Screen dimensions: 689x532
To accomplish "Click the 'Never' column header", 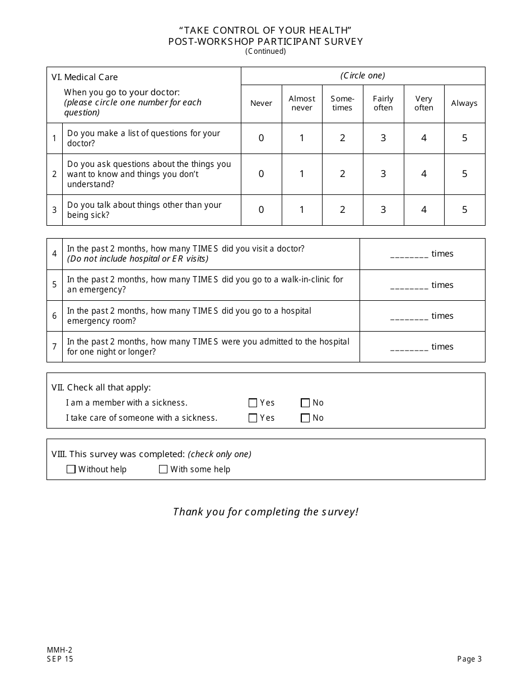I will [261, 103].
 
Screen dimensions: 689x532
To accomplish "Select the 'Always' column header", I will [464, 103].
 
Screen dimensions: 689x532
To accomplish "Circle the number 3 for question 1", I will [383, 138].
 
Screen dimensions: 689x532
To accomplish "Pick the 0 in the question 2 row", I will [261, 174].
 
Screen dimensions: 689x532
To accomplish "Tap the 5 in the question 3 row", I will [464, 210].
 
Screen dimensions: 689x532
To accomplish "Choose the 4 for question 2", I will [424, 174].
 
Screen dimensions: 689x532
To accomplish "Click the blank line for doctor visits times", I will [409, 254].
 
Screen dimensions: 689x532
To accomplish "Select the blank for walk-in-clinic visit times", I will [409, 286].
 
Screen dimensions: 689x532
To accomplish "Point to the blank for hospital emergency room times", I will [409, 316].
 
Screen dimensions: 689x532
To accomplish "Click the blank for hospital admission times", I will [409, 347].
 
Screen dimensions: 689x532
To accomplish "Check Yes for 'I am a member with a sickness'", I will [253, 403].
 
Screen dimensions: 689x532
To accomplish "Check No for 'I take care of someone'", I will [305, 418].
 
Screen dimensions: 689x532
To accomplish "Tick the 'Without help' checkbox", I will [71, 469].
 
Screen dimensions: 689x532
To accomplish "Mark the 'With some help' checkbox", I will [164, 469].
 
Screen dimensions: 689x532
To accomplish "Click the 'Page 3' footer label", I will [469, 659].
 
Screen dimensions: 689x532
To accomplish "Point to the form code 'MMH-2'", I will [59, 650].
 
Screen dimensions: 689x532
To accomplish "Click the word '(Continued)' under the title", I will [265, 52].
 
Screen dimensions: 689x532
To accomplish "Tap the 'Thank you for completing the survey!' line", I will [265, 511].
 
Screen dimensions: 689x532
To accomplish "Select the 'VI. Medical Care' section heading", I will [85, 77].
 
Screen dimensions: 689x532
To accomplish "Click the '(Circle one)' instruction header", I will [363, 76].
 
